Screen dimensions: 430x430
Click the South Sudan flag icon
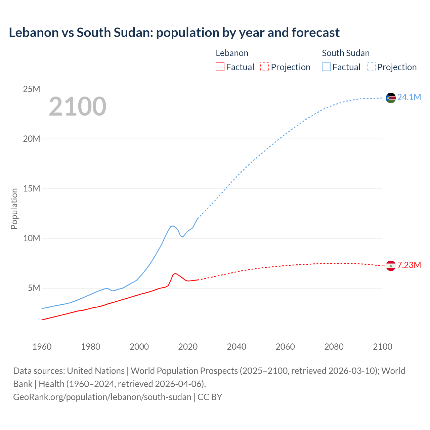pyautogui.click(x=391, y=98)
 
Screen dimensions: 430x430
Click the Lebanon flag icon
pyautogui.click(x=391, y=265)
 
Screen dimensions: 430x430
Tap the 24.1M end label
pyautogui.click(x=409, y=97)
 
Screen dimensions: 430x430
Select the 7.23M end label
pyautogui.click(x=409, y=265)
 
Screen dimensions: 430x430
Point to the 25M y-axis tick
pyautogui.click(x=31, y=89)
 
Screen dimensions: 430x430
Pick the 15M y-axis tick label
pyautogui.click(x=31, y=188)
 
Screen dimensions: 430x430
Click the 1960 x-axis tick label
pyautogui.click(x=42, y=347)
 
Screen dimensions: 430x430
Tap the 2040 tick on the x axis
pyautogui.click(x=236, y=347)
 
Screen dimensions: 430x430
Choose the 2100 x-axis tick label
pyautogui.click(x=382, y=347)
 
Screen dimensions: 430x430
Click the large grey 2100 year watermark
pyautogui.click(x=78, y=106)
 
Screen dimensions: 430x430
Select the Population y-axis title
pyautogui.click(x=14, y=209)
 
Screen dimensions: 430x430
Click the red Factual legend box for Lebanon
pyautogui.click(x=220, y=67)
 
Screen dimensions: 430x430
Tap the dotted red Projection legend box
pyautogui.click(x=265, y=67)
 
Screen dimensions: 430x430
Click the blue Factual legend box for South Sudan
pyautogui.click(x=326, y=67)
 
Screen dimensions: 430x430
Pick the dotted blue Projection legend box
pyautogui.click(x=371, y=67)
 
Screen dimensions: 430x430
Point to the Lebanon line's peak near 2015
pyautogui.click(x=175, y=273)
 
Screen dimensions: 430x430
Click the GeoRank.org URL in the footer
pyautogui.click(x=102, y=397)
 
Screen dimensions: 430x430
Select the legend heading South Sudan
pyautogui.click(x=346, y=53)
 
